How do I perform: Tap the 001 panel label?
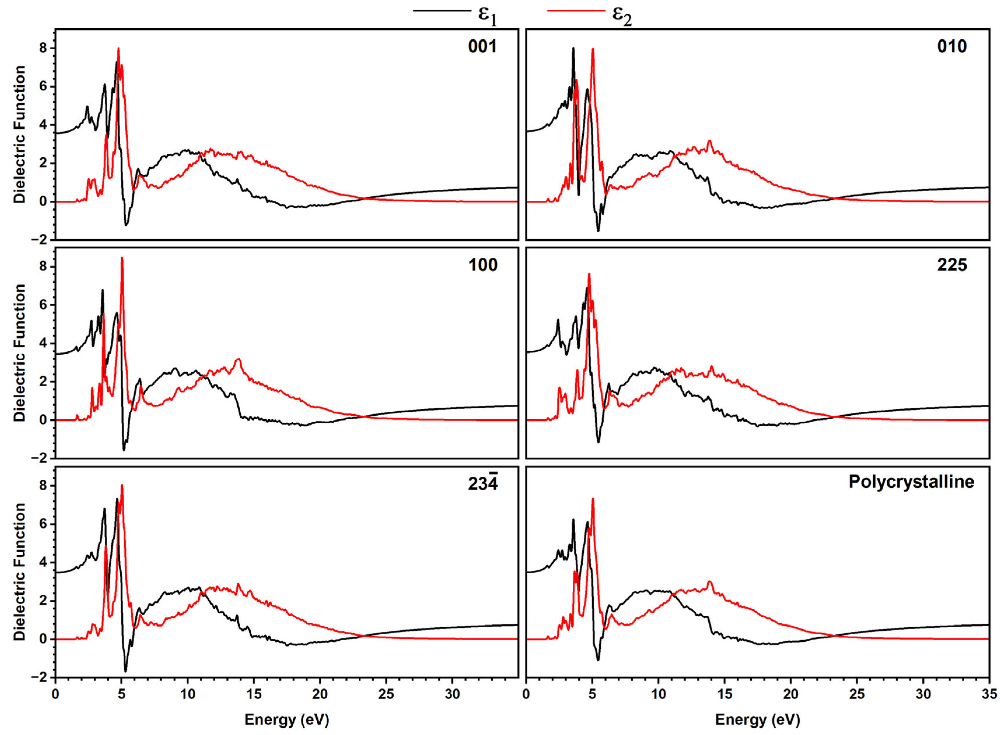pos(482,46)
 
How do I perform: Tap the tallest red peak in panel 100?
pos(122,258)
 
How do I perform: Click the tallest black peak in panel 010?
pos(573,48)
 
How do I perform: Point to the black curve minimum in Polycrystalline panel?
pos(598,660)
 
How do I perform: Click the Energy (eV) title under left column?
pos(287,720)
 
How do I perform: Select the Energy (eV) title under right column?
pos(757,720)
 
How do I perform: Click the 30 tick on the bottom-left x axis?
pos(452,694)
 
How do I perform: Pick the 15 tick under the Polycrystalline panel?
pos(725,694)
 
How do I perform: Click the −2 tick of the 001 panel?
pos(40,240)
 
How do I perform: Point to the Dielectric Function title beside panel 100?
pos(20,352)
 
